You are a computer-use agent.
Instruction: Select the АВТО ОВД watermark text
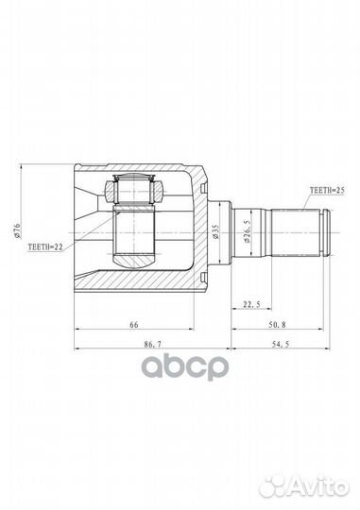pyautogui.click(x=180, y=366)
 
